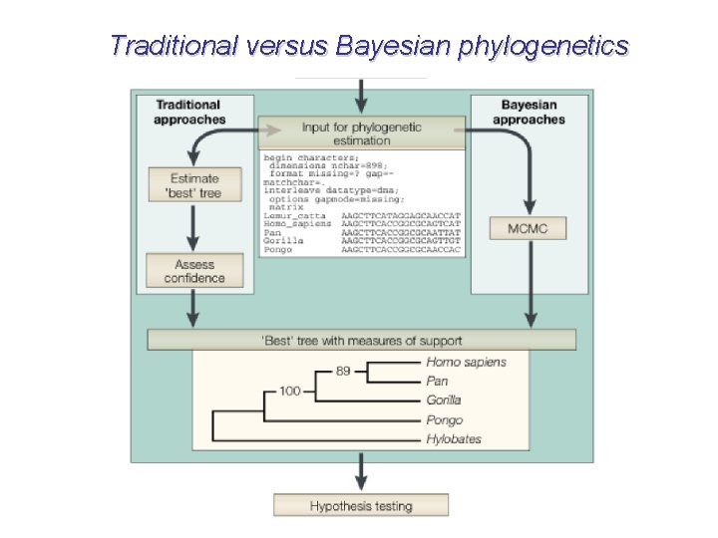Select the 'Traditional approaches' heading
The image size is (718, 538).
tap(189, 112)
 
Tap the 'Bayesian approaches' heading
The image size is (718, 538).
tap(529, 112)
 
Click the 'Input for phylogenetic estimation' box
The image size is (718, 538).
tap(362, 134)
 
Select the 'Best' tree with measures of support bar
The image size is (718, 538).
tap(361, 341)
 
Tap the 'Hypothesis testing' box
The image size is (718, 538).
tap(361, 506)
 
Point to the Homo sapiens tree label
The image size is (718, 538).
tap(466, 363)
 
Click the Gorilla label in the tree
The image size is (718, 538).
tap(444, 401)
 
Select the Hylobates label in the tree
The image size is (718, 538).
tap(454, 439)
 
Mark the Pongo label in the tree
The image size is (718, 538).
tap(445, 420)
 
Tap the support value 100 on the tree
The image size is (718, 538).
tap(290, 391)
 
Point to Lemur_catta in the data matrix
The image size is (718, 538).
tap(295, 215)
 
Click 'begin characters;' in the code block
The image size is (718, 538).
tap(308, 157)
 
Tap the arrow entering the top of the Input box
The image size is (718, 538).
tap(361, 97)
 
